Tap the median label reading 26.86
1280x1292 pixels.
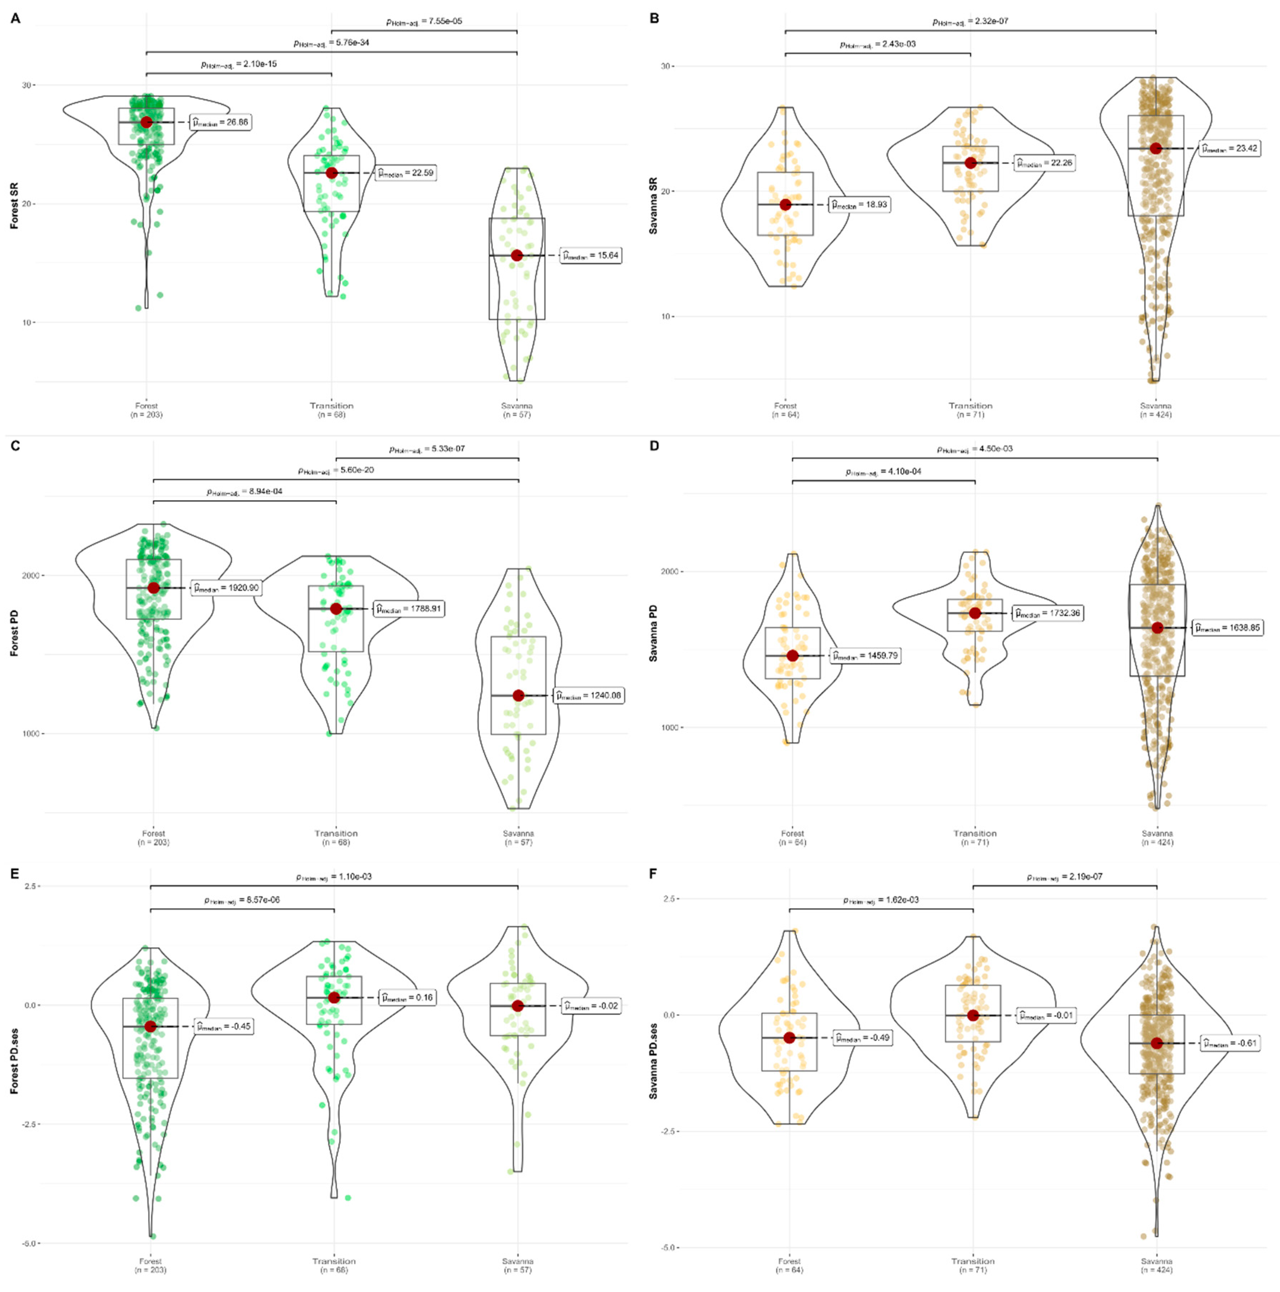click(x=221, y=122)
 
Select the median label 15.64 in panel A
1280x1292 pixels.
click(x=591, y=256)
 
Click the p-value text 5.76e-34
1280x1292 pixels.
click(x=331, y=43)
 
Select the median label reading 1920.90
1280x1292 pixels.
click(x=226, y=589)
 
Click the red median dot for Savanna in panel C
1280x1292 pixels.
click(x=518, y=696)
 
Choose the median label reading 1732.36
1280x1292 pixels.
click(x=1047, y=613)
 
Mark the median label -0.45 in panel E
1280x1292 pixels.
click(x=224, y=1026)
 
